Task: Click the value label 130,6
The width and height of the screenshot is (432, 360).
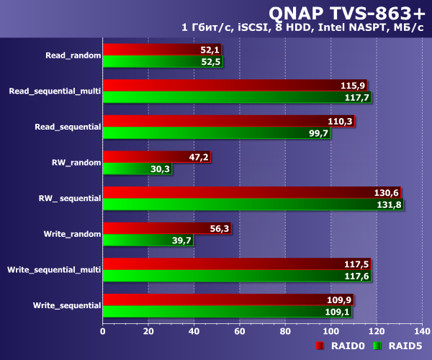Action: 386,192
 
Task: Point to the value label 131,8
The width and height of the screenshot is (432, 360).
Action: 389,204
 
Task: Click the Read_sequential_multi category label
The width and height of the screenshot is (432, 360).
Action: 55,91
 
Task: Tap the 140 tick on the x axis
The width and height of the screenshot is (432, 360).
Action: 422,331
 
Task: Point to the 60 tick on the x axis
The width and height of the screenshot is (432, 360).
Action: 240,331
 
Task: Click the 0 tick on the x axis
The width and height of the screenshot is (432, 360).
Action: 103,331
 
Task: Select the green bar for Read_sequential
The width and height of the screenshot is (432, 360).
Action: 216,133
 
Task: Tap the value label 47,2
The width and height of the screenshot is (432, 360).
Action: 198,156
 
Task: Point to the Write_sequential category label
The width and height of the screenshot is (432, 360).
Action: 66,305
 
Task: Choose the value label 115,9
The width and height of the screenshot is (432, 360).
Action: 353,85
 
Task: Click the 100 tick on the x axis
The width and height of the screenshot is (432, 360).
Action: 331,331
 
